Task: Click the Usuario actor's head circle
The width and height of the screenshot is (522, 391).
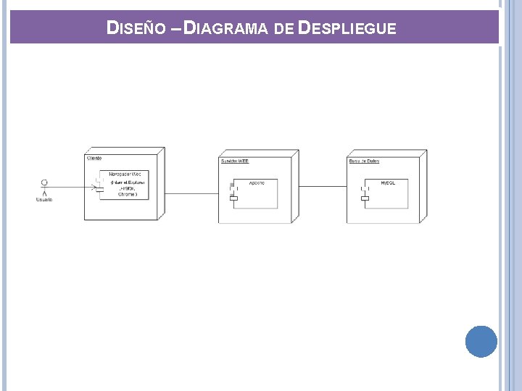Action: [44, 181]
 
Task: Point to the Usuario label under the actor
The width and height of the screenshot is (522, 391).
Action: [44, 200]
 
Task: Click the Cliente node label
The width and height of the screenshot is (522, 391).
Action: [94, 158]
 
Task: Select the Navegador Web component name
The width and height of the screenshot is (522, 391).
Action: [125, 175]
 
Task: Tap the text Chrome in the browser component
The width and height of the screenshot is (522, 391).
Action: [128, 194]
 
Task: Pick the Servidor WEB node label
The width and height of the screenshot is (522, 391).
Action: [235, 161]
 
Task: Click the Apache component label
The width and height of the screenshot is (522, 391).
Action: [257, 182]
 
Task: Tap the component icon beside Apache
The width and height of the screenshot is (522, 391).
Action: [233, 192]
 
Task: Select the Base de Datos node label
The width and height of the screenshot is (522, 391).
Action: [364, 161]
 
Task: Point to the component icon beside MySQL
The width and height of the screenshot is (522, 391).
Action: [365, 193]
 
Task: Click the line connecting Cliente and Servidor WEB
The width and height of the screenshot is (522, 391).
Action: [192, 193]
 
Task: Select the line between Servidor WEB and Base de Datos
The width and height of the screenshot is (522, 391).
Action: [323, 186]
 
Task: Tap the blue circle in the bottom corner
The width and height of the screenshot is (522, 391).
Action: [481, 342]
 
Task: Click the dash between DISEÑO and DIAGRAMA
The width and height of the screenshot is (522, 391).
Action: [176, 29]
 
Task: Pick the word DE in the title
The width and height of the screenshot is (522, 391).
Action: [283, 29]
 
